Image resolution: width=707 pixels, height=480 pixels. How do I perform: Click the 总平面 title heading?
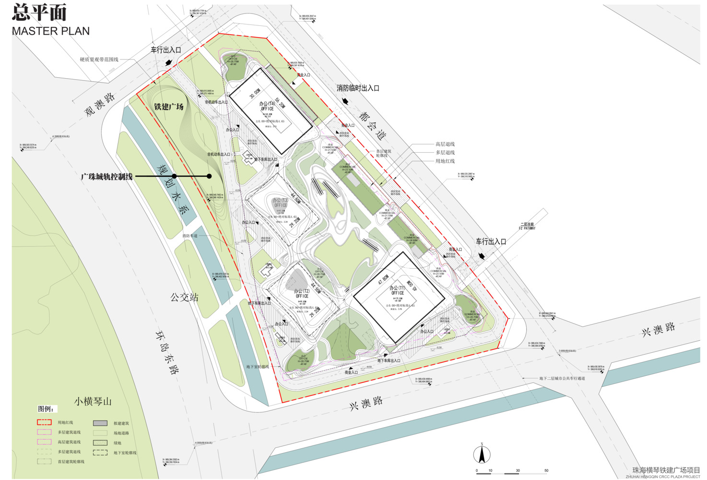tap(39, 12)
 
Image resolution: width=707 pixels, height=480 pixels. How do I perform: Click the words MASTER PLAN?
tap(50, 31)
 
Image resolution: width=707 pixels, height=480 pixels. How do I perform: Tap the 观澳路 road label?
tap(100, 104)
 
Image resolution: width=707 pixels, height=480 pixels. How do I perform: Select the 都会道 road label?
tap(372, 126)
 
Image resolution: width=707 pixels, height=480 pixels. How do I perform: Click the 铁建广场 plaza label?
tap(169, 107)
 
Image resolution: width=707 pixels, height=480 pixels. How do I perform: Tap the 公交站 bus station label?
tap(184, 298)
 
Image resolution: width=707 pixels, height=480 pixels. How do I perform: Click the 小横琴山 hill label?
tap(93, 401)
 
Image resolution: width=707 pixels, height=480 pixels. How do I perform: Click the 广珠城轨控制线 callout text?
tap(106, 177)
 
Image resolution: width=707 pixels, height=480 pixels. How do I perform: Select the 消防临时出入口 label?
tap(358, 88)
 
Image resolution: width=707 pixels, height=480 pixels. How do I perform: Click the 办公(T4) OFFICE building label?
tap(267, 106)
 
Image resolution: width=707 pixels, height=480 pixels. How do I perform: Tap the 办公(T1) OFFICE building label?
tap(397, 290)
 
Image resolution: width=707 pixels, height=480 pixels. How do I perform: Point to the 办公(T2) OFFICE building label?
tap(302, 293)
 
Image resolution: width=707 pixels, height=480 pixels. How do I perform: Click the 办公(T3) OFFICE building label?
tap(281, 203)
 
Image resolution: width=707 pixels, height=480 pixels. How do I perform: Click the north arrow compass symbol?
tap(482, 454)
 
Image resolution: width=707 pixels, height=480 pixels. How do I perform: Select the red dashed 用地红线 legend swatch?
tap(44, 422)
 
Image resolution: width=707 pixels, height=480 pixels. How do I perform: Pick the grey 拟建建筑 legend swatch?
tap(100, 423)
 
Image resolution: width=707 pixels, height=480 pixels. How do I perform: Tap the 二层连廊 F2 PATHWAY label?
tap(527, 226)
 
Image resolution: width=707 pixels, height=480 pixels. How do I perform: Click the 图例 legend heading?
tap(46, 409)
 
